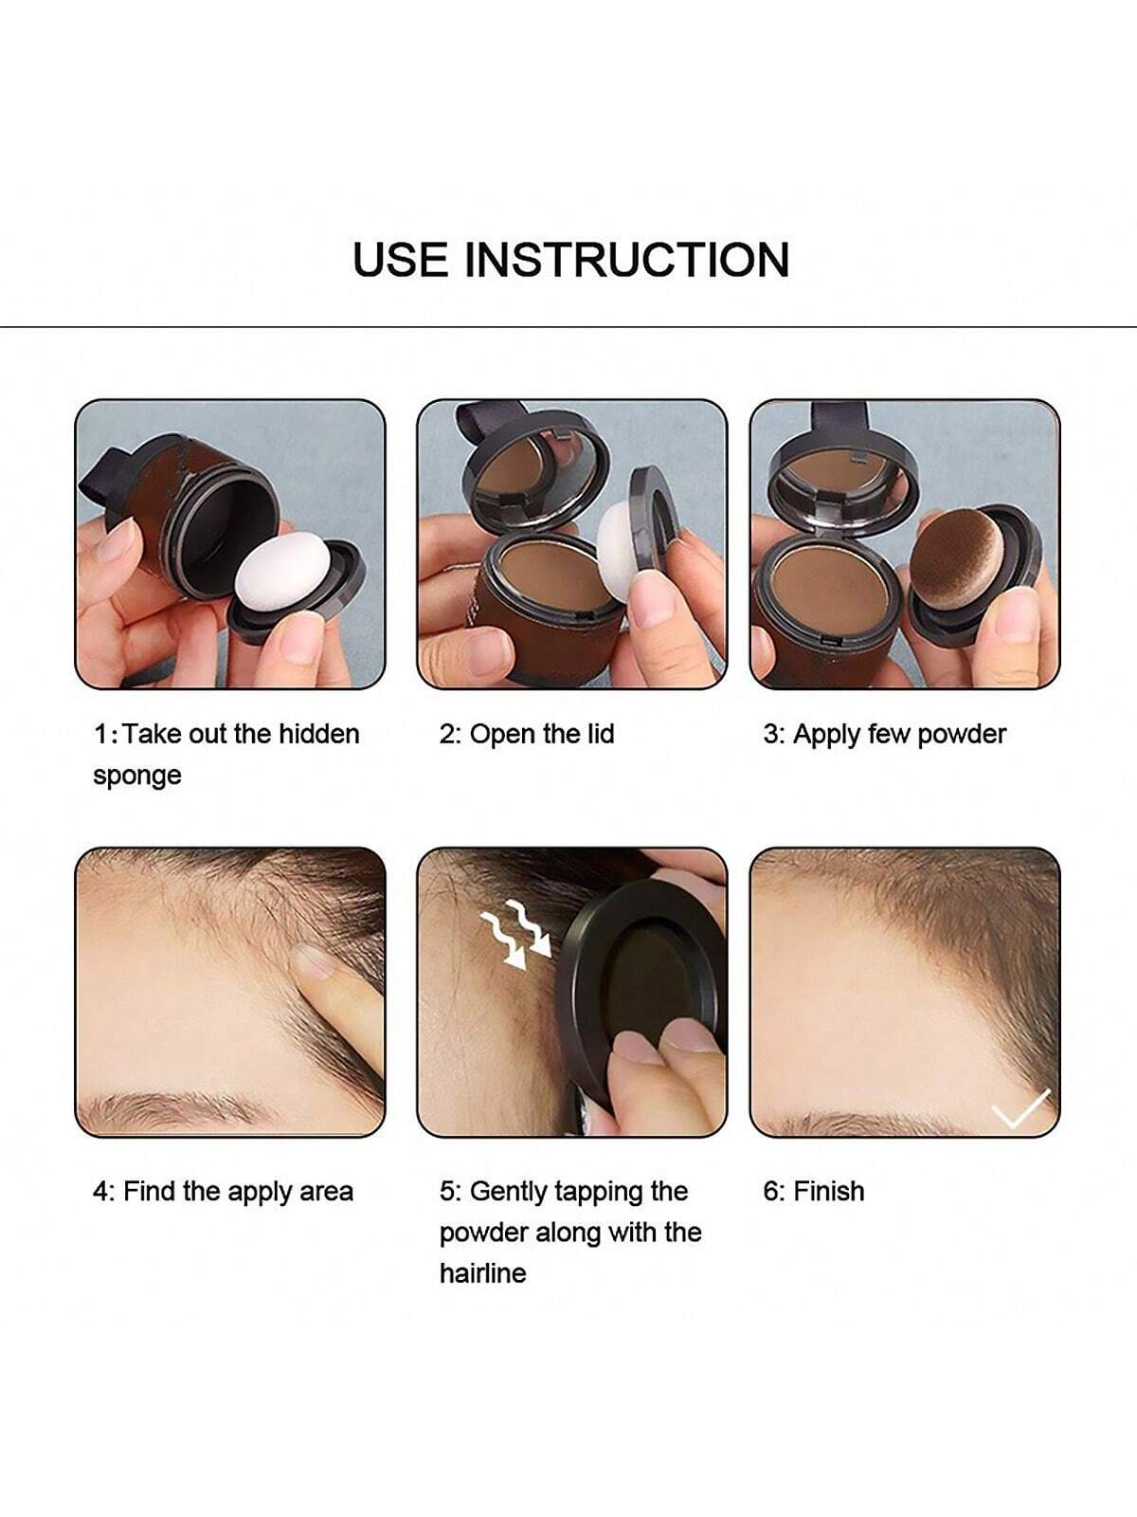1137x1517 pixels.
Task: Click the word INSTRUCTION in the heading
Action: click(627, 260)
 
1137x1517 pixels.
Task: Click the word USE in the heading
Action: click(401, 260)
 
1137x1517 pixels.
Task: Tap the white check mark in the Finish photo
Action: click(1020, 1107)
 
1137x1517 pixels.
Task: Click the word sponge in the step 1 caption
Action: click(137, 777)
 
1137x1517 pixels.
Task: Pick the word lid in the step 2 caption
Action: click(601, 733)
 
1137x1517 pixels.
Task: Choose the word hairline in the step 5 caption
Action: click(482, 1272)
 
